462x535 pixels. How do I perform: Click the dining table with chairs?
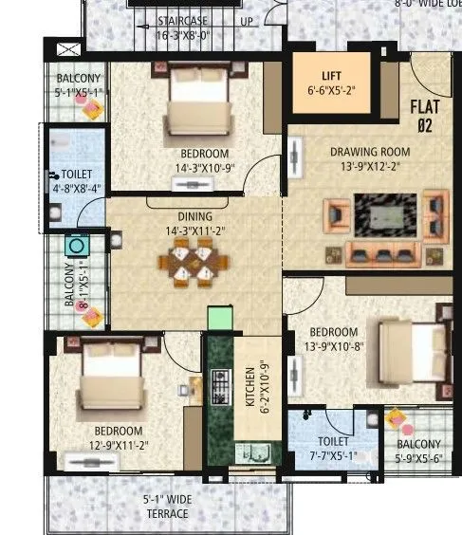coord(193,262)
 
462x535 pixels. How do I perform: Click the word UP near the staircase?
coord(246,20)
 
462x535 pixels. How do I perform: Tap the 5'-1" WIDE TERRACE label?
coord(165,507)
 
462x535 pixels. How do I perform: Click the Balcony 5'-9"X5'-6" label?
coord(418,452)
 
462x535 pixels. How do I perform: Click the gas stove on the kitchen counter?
coord(220,386)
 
